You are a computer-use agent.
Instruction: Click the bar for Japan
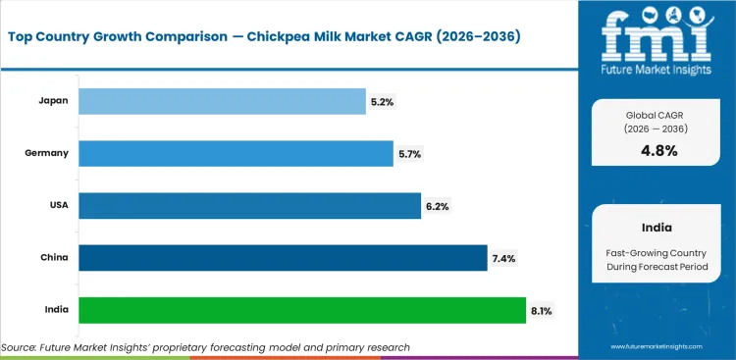221,100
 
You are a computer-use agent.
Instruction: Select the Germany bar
236,153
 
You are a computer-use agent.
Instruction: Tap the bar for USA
249,205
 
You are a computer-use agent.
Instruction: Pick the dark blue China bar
283,258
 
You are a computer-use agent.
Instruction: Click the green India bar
302,310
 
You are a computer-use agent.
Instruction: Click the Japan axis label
55,100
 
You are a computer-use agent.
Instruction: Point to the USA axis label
58,205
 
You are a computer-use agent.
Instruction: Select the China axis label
56,258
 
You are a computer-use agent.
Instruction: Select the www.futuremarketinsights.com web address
657,347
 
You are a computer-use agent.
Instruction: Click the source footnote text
206,347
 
